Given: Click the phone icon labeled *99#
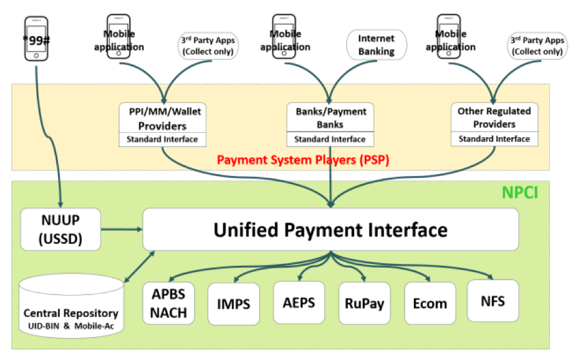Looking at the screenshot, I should [x=37, y=38].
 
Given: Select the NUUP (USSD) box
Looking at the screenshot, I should [x=60, y=229].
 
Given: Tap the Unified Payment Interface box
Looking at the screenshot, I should [x=330, y=229].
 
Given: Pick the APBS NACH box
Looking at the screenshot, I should [x=169, y=303].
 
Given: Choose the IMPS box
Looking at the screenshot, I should [x=234, y=304].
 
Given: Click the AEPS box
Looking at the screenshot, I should [x=299, y=303].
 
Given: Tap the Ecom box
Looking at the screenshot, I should [x=430, y=304].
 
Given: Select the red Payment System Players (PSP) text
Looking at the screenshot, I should [x=303, y=160].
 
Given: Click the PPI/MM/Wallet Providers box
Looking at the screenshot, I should [x=162, y=119].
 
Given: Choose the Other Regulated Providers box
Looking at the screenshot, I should [x=494, y=117].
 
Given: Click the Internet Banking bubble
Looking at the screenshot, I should [x=376, y=45].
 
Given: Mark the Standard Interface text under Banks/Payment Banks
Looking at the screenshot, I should [x=330, y=139].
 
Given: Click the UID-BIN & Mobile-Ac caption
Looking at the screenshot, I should [x=70, y=326].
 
